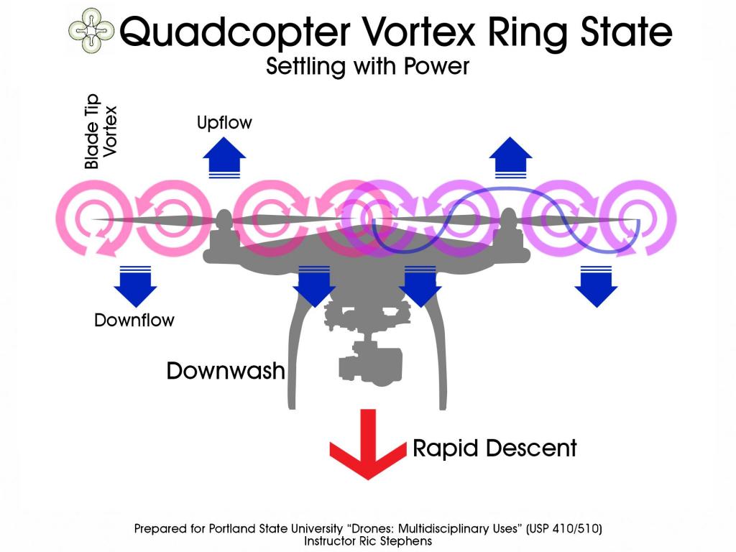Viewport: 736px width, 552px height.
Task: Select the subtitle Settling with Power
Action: [x=367, y=67]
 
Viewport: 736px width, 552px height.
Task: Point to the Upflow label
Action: [x=224, y=123]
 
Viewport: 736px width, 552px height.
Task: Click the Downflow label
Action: [x=134, y=320]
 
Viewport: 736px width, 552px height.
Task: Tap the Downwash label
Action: [x=226, y=371]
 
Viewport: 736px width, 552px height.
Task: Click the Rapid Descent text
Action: [x=494, y=448]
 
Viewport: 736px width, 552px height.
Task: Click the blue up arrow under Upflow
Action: [x=225, y=158]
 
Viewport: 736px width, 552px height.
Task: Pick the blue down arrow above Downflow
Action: [x=135, y=285]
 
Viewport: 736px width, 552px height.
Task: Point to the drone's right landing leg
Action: [x=435, y=352]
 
